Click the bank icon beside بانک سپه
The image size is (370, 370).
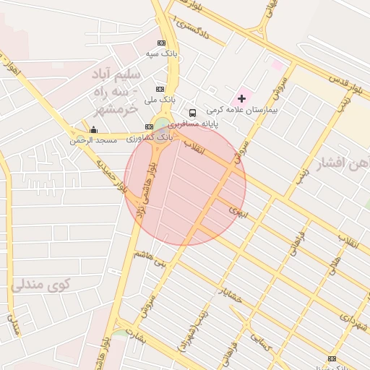click(x=160, y=43)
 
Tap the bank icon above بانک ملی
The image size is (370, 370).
click(x=160, y=88)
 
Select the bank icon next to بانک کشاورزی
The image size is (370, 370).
click(x=150, y=126)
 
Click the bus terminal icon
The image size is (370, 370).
click(x=192, y=113)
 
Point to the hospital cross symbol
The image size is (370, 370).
click(x=241, y=98)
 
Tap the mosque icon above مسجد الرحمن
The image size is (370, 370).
click(x=93, y=129)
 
